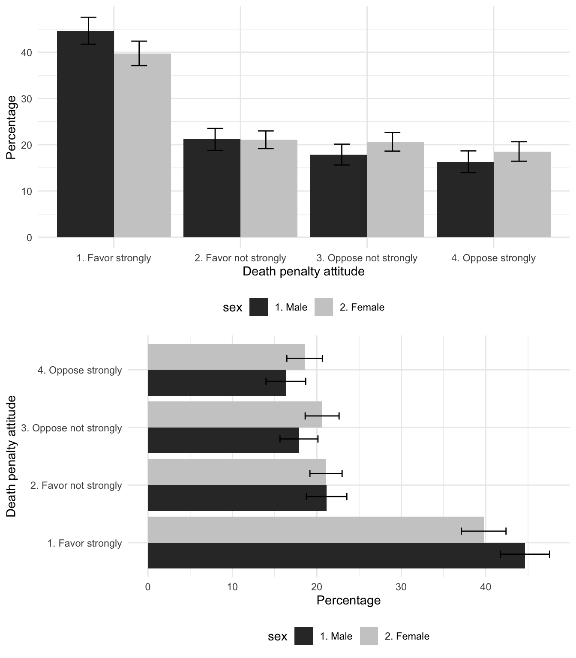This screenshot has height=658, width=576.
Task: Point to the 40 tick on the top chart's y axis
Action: click(x=27, y=53)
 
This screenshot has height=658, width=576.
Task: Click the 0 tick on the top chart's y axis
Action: click(x=29, y=238)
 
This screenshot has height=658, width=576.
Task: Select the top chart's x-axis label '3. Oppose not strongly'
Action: click(x=367, y=258)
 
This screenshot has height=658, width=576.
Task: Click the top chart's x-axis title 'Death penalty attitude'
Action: click(x=303, y=272)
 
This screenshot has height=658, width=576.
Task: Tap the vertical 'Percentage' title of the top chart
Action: click(x=11, y=127)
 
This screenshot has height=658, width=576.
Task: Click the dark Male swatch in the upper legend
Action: click(x=258, y=307)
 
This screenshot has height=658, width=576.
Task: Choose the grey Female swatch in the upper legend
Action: click(x=324, y=307)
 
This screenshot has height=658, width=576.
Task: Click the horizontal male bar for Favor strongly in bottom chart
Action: click(x=336, y=556)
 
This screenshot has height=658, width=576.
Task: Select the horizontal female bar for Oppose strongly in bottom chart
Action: click(x=226, y=357)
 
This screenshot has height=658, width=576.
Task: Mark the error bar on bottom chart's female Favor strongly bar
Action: click(x=483, y=531)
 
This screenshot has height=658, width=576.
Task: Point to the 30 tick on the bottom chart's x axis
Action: click(x=401, y=586)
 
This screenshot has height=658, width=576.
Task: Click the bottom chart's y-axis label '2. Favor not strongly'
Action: click(x=76, y=485)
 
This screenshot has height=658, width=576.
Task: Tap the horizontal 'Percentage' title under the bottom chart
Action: click(x=348, y=601)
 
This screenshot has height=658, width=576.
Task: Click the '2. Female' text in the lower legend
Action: click(x=407, y=636)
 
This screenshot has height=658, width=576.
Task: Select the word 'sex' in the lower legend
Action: click(x=277, y=637)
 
